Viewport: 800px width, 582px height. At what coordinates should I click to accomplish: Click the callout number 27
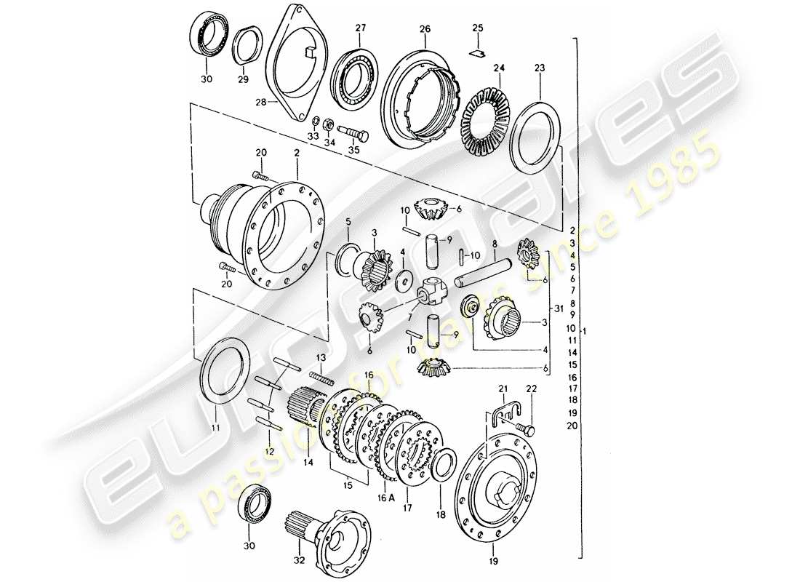click(x=361, y=28)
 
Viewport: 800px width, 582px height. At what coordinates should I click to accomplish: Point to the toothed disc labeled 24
click(x=488, y=112)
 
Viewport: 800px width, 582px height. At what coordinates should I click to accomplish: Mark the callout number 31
click(x=558, y=309)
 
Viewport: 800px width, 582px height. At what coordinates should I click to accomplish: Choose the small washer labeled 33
click(x=316, y=121)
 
